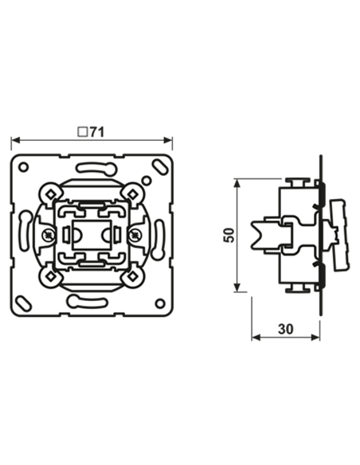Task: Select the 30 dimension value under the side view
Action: click(x=286, y=328)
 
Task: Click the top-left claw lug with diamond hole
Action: click(x=49, y=192)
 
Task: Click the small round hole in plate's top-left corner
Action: click(x=24, y=167)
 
